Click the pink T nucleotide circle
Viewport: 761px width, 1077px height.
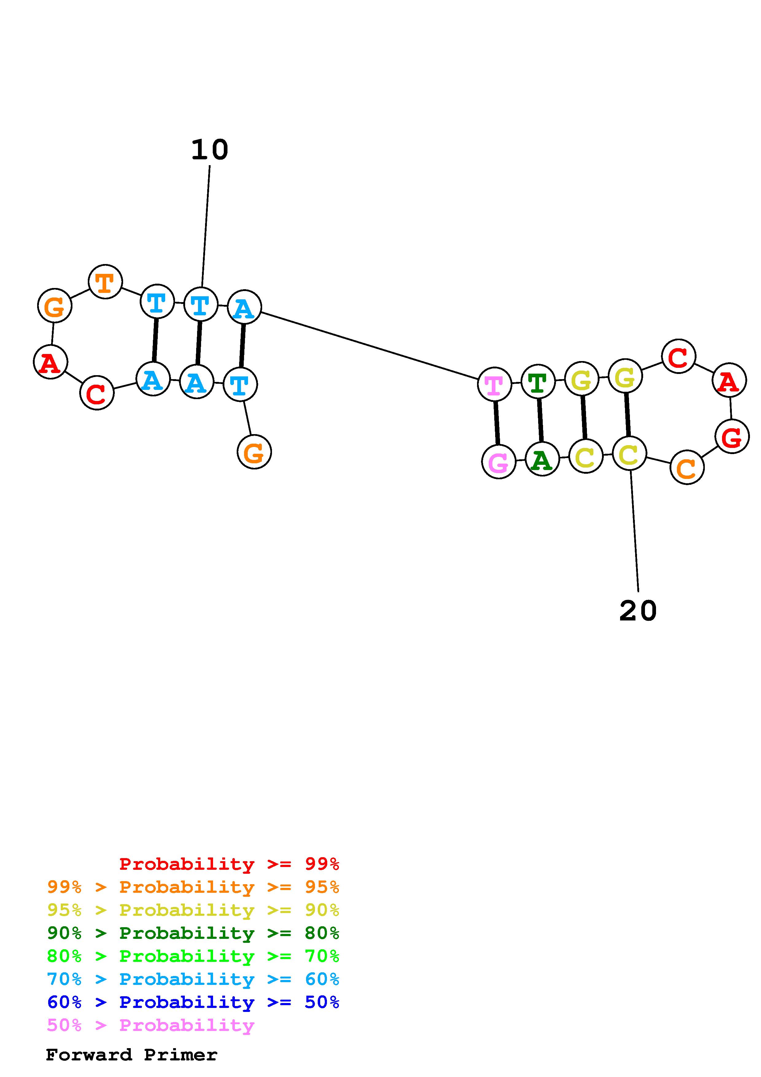point(494,384)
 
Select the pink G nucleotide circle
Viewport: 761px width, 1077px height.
point(499,462)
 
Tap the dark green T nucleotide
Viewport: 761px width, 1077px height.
point(538,382)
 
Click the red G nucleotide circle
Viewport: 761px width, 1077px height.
point(732,437)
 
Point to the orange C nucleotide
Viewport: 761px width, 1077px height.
point(687,467)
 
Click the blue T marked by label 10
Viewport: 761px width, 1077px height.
point(201,305)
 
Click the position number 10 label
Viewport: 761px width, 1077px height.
point(210,150)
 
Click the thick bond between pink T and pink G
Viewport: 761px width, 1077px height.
point(497,423)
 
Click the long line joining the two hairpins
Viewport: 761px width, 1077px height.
point(369,345)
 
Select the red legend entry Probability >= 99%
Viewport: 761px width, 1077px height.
point(229,864)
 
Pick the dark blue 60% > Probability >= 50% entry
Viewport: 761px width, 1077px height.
point(193,1002)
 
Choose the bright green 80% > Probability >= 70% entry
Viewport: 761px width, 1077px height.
point(193,956)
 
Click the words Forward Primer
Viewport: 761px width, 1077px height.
point(132,1055)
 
